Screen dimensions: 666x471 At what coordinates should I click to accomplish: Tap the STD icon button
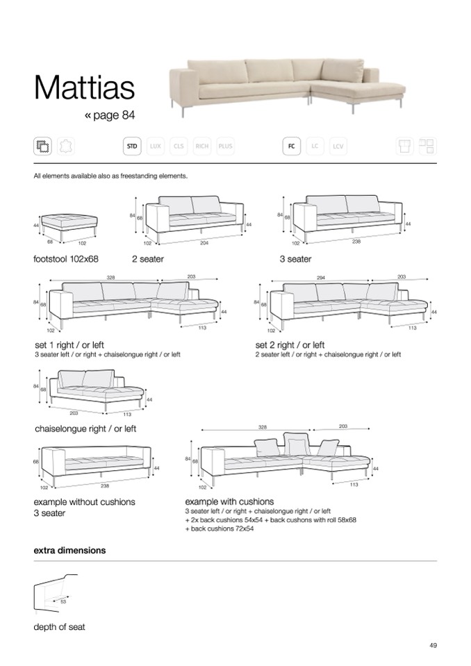point(132,146)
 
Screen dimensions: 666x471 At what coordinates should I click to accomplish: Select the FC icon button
point(291,146)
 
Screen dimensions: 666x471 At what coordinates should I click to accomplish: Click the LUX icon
point(155,146)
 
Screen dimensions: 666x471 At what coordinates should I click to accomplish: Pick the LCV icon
point(338,146)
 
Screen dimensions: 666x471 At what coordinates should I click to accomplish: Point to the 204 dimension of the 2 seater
point(204,242)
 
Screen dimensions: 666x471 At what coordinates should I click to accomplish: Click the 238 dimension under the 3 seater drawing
point(356,242)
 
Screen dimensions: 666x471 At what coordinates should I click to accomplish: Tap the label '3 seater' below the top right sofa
point(295,259)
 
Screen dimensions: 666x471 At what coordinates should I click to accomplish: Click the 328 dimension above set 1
point(110,277)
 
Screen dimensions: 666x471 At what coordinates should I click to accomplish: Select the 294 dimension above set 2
point(321,277)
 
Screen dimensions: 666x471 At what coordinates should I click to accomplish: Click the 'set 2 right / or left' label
point(290,344)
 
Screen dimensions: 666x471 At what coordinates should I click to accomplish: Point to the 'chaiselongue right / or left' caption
point(85,428)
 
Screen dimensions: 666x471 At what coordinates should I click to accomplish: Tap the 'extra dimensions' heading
point(69,550)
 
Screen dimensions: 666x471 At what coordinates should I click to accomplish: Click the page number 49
point(433,646)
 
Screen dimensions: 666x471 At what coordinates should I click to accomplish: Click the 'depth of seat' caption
point(59,627)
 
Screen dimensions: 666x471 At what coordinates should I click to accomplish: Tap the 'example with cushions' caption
point(229,501)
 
